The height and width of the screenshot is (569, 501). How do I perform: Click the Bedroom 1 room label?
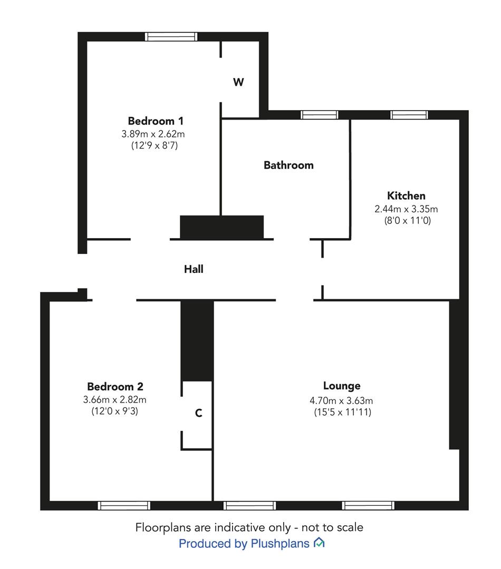(x=156, y=121)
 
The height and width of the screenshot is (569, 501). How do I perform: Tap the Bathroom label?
(x=288, y=165)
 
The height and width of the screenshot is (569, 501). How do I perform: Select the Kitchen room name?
(x=406, y=195)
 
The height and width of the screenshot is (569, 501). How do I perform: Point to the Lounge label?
(x=342, y=386)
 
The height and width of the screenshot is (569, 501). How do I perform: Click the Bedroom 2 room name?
(x=115, y=387)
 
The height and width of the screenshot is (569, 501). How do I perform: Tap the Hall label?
(x=194, y=269)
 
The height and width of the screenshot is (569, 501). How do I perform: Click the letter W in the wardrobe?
(x=238, y=82)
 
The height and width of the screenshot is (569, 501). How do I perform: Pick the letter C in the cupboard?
(x=199, y=413)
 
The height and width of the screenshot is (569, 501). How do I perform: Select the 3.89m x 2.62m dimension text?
(x=153, y=134)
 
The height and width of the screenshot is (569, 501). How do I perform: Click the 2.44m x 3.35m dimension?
(x=406, y=209)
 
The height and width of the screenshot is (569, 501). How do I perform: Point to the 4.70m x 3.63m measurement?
(x=341, y=400)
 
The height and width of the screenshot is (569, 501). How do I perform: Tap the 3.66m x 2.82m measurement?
(x=115, y=399)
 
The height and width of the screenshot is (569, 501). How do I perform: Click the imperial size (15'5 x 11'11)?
(x=343, y=412)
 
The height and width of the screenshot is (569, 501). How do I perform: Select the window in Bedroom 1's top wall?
(x=171, y=37)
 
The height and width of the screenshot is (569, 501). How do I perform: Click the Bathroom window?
(x=320, y=115)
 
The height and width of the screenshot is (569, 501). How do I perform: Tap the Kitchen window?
(x=409, y=115)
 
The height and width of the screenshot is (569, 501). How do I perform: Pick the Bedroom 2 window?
(x=124, y=505)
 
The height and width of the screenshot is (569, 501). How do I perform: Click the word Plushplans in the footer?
(x=280, y=544)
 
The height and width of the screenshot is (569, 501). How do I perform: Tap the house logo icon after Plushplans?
(x=319, y=543)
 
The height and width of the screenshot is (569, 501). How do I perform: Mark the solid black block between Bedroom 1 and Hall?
(x=222, y=227)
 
